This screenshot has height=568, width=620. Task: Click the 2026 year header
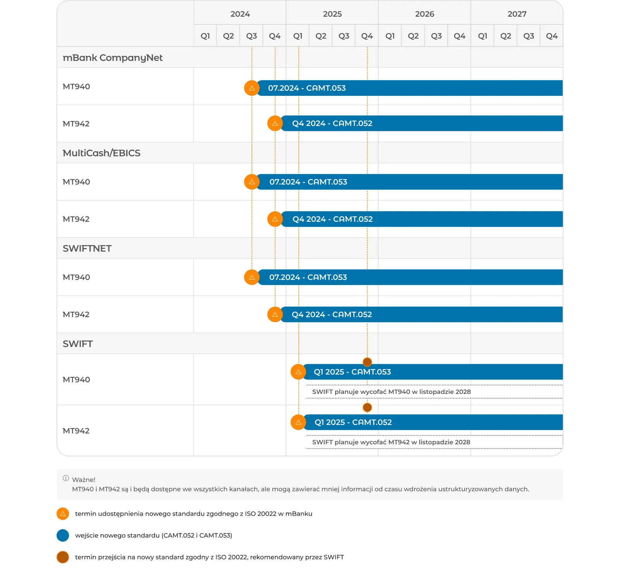[x=424, y=14]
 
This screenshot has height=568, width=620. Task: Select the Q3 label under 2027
[x=529, y=36]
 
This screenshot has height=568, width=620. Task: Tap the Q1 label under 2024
[x=205, y=36]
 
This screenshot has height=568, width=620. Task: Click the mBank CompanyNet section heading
[x=112, y=58]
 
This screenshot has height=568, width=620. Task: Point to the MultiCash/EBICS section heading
[x=102, y=153]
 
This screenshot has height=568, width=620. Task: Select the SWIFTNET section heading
[x=87, y=249]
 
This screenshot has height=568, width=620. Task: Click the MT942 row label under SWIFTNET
[x=76, y=314]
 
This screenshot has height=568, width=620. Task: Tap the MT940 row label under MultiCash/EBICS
[x=76, y=182]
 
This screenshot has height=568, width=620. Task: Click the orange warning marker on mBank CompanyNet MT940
[x=252, y=88]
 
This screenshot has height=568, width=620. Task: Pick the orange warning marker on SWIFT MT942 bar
[x=298, y=422]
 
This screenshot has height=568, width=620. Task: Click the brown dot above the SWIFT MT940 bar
[x=367, y=362]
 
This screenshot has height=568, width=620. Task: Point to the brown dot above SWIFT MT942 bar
[x=367, y=407]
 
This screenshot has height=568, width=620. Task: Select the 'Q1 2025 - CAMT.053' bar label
[x=352, y=372]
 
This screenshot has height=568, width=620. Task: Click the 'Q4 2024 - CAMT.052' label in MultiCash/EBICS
[x=332, y=219]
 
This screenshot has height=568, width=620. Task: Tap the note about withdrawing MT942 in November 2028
[x=391, y=442]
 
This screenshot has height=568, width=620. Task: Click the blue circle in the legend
[x=63, y=535]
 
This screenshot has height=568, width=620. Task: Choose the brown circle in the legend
[x=63, y=557]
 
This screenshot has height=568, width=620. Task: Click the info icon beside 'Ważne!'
[x=66, y=478]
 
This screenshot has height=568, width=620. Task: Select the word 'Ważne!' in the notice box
[x=84, y=480]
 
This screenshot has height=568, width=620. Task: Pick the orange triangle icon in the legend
[x=63, y=514]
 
